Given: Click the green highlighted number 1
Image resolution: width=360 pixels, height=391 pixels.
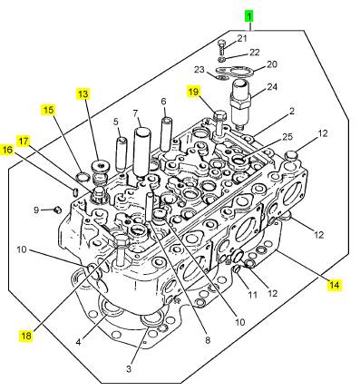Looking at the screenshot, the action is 249,16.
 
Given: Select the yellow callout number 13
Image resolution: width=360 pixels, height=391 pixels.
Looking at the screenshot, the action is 83,94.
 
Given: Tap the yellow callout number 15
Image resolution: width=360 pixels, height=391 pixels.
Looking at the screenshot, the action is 48,110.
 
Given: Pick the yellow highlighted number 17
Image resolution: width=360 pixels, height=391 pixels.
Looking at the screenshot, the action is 24,141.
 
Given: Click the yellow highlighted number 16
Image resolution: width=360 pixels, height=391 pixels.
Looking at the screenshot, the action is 7,150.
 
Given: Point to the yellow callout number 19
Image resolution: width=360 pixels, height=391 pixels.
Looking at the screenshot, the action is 193,91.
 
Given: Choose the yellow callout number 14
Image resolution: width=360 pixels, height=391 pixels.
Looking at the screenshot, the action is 335,285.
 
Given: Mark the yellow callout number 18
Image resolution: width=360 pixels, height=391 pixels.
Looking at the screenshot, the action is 26,336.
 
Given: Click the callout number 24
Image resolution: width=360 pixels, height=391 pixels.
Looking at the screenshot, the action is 272,87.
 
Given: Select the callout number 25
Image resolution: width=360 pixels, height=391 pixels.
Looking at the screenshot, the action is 287,137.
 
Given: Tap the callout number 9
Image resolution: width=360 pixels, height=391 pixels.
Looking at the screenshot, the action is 36,210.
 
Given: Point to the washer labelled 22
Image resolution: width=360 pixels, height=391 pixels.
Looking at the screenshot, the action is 222,58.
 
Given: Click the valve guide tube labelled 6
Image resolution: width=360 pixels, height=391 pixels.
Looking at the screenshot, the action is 166,134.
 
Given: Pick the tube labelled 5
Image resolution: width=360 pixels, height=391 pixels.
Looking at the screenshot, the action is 122,155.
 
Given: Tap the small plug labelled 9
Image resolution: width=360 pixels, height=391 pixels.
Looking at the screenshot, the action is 56,210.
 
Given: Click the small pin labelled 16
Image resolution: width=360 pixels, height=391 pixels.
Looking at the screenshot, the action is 75,191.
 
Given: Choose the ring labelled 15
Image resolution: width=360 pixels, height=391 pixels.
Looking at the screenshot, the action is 83,176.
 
